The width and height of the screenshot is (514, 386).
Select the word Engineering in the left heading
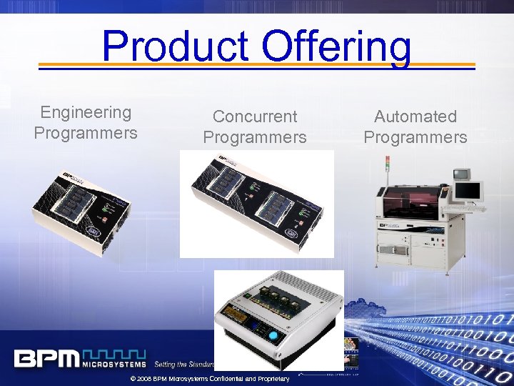coord(86,112)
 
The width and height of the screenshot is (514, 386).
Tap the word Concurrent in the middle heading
coord(255,116)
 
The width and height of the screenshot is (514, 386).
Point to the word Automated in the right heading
coord(415,116)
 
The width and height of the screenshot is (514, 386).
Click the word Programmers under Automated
coord(415,137)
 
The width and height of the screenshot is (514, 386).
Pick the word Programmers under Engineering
coord(86,133)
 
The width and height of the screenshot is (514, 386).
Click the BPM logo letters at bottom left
coord(46,358)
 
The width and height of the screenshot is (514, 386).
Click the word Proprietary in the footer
coord(274,379)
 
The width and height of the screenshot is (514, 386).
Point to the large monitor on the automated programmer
coord(468,191)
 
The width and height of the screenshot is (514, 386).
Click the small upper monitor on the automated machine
coord(461,174)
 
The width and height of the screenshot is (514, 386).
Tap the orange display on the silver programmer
coord(240,330)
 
